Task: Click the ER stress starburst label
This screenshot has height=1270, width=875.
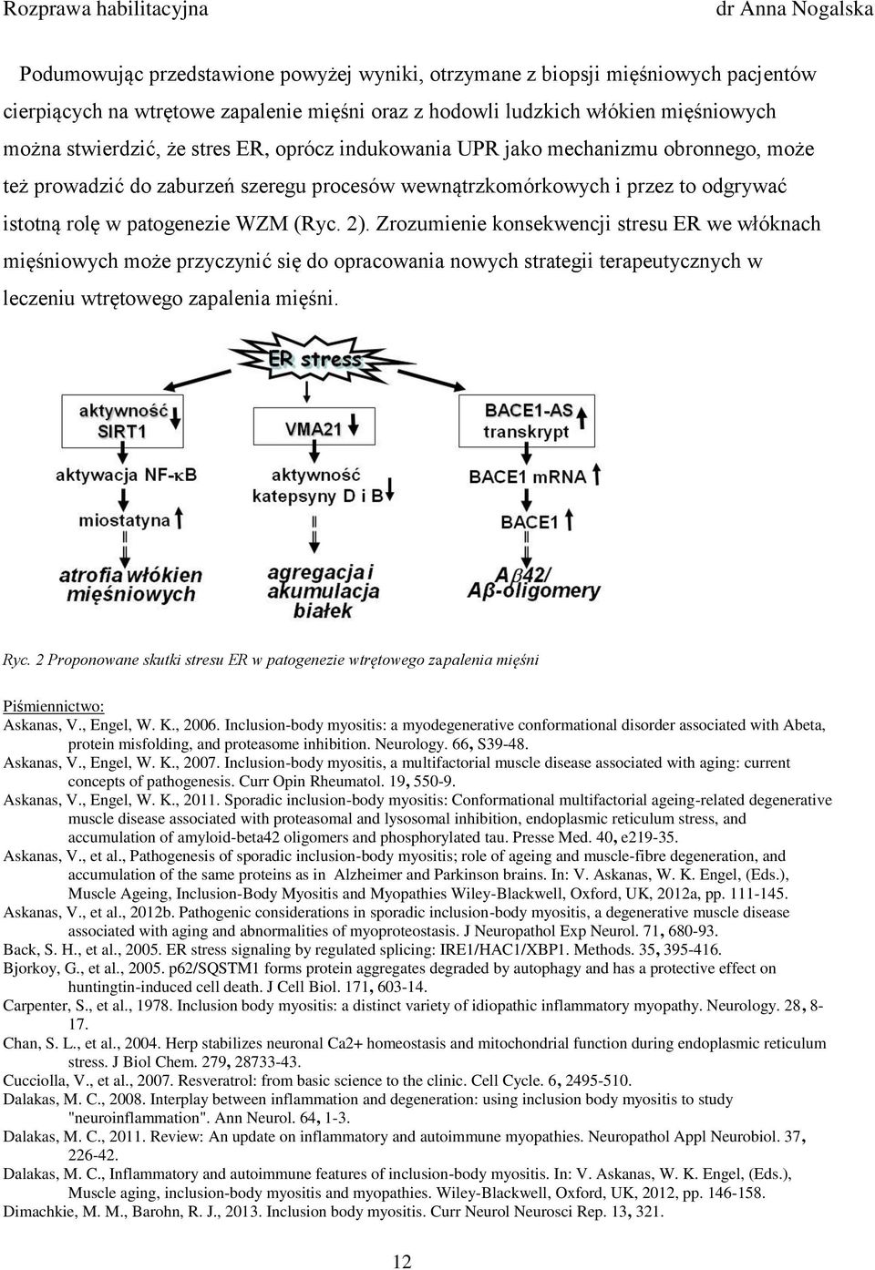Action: tap(314, 359)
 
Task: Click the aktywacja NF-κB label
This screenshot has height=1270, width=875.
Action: tap(126, 475)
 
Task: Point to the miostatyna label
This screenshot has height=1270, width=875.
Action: tap(124, 520)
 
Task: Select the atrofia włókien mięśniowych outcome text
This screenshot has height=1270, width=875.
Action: tap(131, 585)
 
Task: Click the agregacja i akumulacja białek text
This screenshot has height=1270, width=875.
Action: tap(323, 591)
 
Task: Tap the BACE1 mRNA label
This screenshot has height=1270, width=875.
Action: tap(528, 476)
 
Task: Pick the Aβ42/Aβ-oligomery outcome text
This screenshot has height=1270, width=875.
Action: tap(533, 583)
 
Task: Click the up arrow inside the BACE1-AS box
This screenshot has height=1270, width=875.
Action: tap(582, 420)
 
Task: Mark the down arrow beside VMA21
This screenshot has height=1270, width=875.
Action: tap(353, 424)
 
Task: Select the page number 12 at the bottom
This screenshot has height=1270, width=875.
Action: tap(402, 1261)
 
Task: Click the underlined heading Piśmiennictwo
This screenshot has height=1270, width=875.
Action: tap(54, 706)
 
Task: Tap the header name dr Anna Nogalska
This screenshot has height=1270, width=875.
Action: tap(794, 10)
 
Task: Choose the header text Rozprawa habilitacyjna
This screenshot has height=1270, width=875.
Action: tap(106, 10)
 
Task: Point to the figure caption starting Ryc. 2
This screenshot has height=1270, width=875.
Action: tap(271, 660)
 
